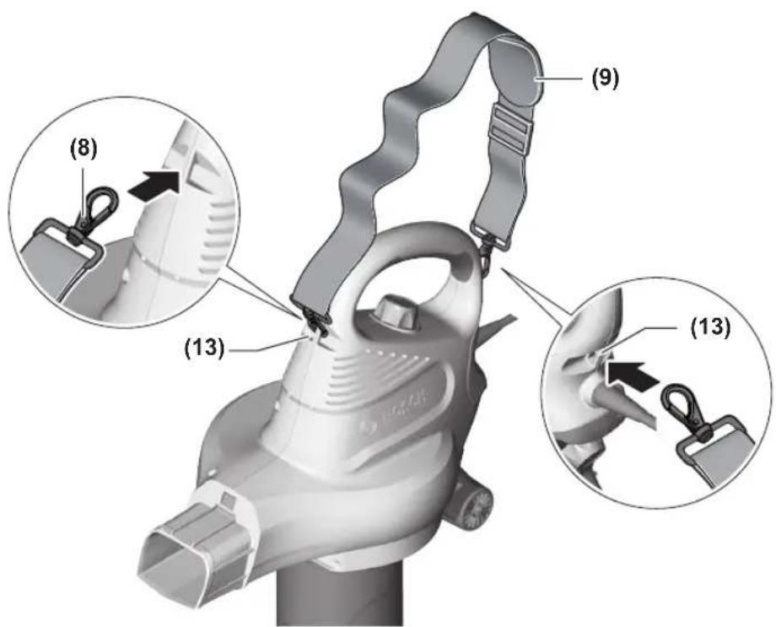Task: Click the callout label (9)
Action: coord(604,78)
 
